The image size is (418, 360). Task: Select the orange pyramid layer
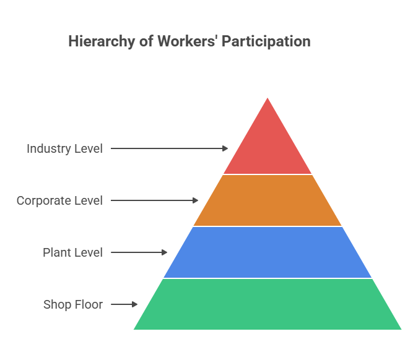click(x=268, y=200)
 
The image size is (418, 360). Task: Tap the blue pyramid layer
click(x=268, y=252)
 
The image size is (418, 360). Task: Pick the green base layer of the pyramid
click(x=268, y=304)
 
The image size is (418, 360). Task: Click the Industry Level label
click(x=64, y=148)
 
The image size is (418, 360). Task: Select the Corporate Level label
click(x=59, y=200)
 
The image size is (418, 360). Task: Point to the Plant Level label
click(x=72, y=252)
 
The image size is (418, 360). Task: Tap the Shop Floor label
click(x=73, y=304)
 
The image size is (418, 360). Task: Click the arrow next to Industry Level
click(x=169, y=148)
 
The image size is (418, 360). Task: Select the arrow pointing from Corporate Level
click(x=154, y=200)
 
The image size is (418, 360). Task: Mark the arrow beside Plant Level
click(x=139, y=252)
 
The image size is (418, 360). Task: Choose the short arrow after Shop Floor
click(x=124, y=304)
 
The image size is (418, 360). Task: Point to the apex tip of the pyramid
click(x=268, y=99)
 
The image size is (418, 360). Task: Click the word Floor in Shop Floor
click(x=89, y=304)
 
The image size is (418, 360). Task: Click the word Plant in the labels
click(x=57, y=252)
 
